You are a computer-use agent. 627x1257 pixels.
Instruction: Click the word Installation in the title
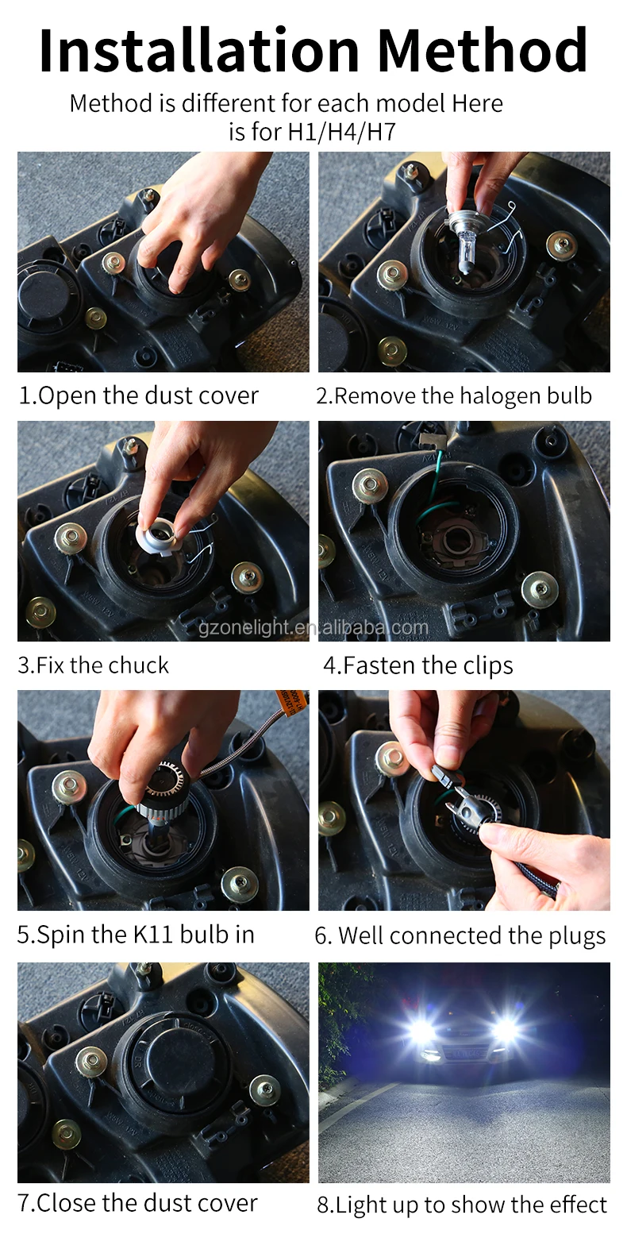point(202,51)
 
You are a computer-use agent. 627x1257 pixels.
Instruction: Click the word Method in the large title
point(482,51)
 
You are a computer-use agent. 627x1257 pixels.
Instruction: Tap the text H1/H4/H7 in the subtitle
point(341,132)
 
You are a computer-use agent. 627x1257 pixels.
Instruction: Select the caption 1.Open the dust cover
point(139,395)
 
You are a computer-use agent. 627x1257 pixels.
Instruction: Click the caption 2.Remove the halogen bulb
point(454,395)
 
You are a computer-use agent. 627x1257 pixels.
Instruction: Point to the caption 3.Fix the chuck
point(94,665)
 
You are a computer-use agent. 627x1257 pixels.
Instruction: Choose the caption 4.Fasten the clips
point(418,665)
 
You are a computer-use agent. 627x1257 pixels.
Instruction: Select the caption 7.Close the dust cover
point(138,1203)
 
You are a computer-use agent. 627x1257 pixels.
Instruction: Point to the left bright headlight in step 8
point(418,1031)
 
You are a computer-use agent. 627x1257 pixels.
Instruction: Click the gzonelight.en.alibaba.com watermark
point(313,628)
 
